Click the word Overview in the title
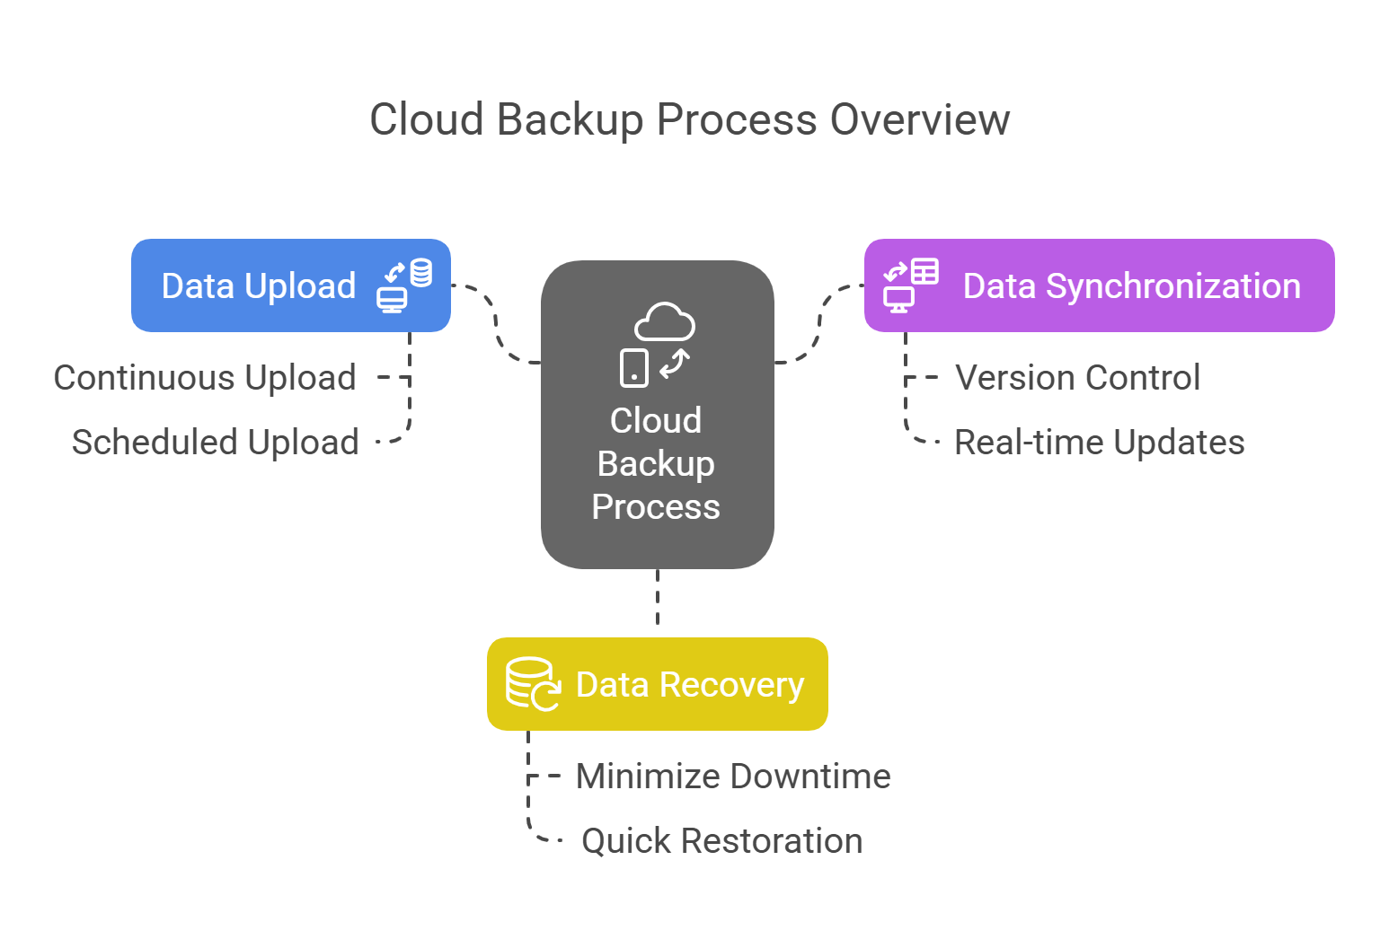coord(920,119)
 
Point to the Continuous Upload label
coord(205,378)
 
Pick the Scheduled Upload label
coord(216,443)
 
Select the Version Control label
coord(1077,378)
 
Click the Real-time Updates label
coord(1099,443)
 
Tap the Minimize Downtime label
coord(733,777)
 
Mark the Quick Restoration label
coord(722,841)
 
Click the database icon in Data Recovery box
coord(532,684)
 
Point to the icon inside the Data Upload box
coord(404,285)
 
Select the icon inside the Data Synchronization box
coord(911,285)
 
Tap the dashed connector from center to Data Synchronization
coord(819,323)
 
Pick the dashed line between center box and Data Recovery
coord(658,598)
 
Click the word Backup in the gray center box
coord(656,464)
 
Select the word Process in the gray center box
coord(656,507)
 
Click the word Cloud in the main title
coord(427,119)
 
